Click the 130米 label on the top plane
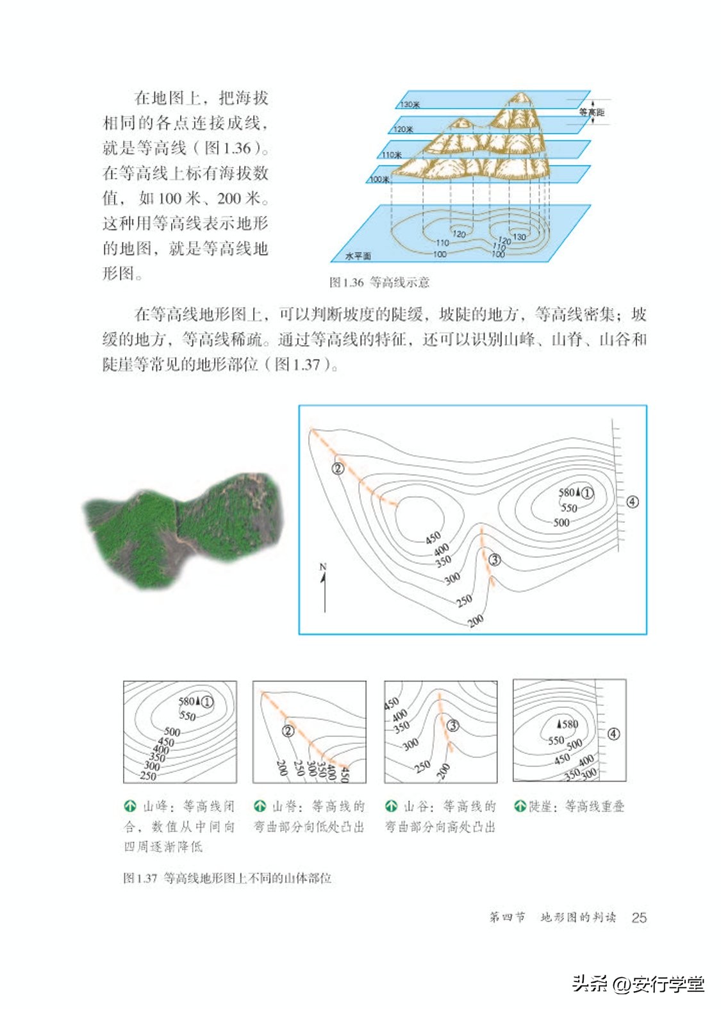[410, 104]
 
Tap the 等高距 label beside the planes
[591, 112]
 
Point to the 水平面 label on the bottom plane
[358, 256]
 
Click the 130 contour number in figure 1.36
[519, 236]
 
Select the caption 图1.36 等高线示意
[379, 282]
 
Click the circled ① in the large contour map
[586, 493]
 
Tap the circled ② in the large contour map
[338, 468]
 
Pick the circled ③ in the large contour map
[494, 560]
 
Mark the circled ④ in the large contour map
[632, 502]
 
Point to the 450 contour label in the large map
[433, 537]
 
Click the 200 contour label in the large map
[476, 620]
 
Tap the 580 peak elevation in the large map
[567, 492]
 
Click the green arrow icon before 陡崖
[520, 806]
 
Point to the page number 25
[638, 917]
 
